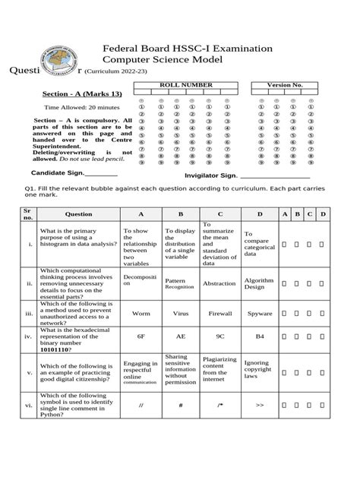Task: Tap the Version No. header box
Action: pos(284,85)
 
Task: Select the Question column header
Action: pos(78,214)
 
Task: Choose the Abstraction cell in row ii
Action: pos(219,283)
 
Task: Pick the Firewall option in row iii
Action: pos(219,312)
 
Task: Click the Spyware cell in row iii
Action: pos(259,312)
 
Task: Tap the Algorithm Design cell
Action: pos(259,283)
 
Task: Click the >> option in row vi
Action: pos(259,406)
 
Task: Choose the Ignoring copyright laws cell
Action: pos(259,369)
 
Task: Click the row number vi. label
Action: pos(28,406)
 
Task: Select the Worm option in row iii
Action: pos(141,312)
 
